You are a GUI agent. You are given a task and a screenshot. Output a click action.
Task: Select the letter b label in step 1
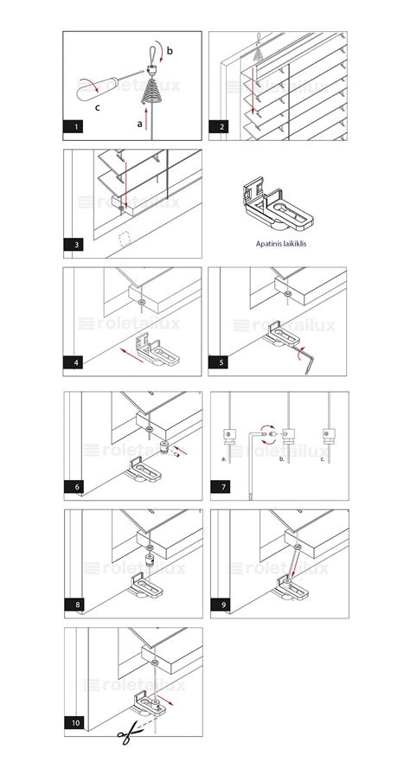tap(170, 50)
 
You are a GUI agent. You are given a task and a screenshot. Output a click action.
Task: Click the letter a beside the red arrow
tap(139, 125)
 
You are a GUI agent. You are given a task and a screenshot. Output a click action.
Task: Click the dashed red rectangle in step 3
tap(125, 239)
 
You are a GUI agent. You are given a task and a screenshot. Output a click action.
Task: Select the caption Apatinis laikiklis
tap(281, 243)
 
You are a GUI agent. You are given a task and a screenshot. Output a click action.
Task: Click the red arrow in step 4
tap(132, 355)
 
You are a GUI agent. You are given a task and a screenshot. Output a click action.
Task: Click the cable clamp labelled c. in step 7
tap(329, 435)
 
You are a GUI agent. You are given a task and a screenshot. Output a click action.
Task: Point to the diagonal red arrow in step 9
tap(292, 567)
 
